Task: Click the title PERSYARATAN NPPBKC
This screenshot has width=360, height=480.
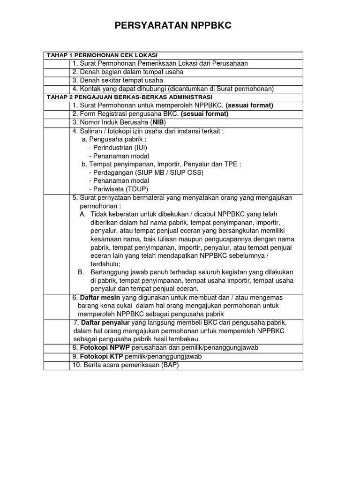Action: pyautogui.click(x=173, y=26)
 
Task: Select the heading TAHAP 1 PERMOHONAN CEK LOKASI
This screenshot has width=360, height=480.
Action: pyautogui.click(x=101, y=55)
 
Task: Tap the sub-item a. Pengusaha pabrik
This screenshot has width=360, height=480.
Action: pyautogui.click(x=114, y=139)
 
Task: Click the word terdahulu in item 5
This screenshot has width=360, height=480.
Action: pyautogui.click(x=105, y=264)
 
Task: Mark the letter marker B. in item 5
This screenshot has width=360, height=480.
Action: pyautogui.click(x=81, y=272)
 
